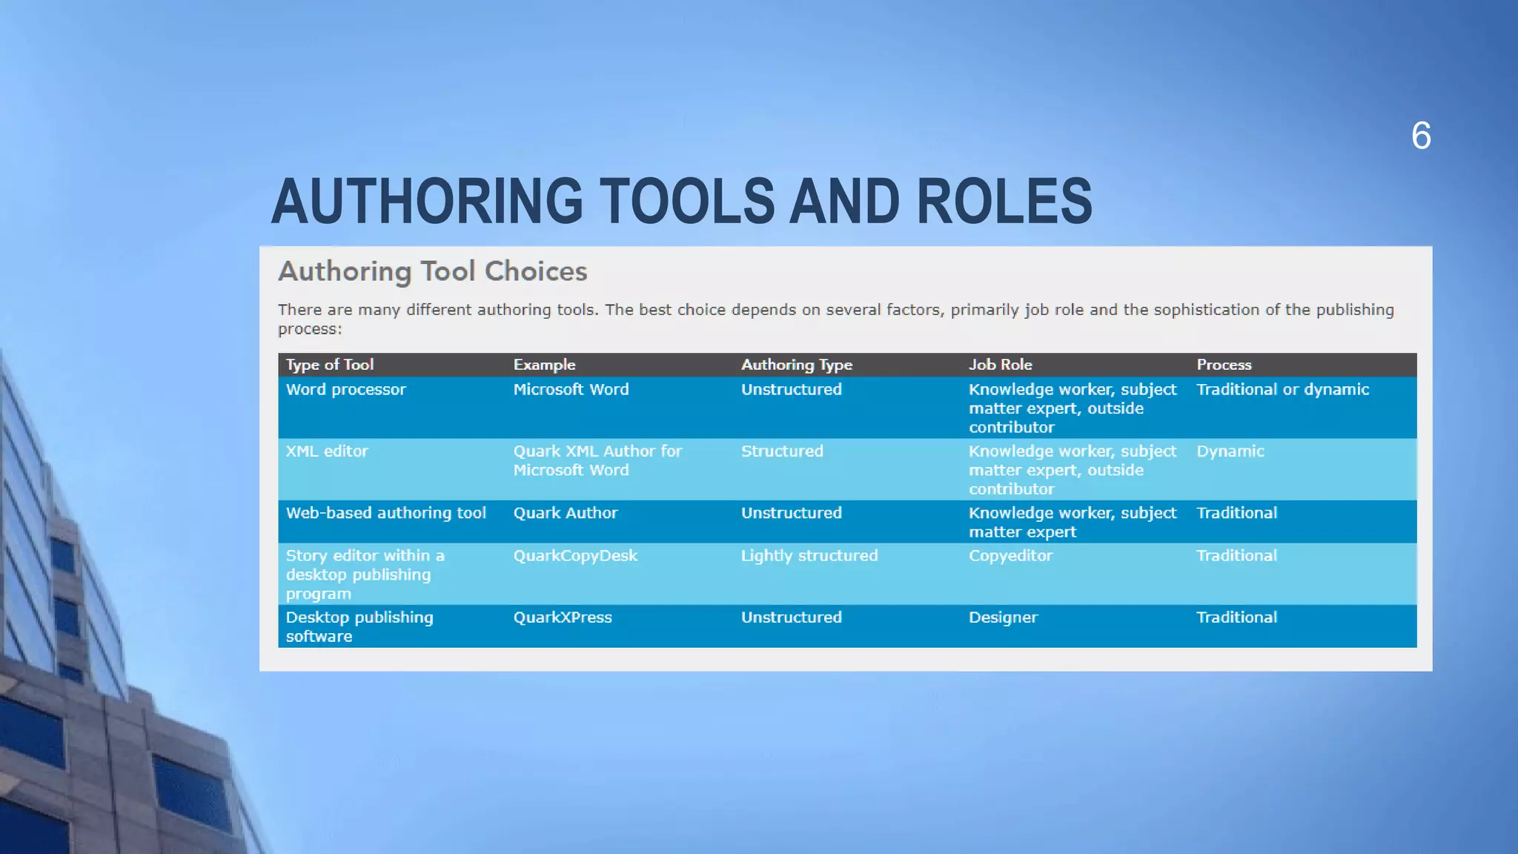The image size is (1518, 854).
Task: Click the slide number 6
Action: point(1421,136)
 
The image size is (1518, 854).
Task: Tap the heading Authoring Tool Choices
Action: point(432,271)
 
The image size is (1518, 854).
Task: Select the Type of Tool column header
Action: point(330,365)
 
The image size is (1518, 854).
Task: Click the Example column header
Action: point(544,365)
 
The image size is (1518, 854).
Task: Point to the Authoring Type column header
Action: point(796,365)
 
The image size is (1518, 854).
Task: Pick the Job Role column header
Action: point(1000,365)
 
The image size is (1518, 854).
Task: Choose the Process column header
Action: point(1223,365)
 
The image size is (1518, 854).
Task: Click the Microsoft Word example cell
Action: point(571,389)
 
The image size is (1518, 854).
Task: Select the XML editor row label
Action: point(327,451)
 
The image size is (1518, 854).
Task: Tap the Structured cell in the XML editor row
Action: point(781,451)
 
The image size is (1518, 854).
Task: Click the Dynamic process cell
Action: point(1230,451)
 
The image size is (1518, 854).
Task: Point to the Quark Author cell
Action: point(565,513)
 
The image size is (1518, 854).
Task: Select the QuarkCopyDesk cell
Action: point(575,555)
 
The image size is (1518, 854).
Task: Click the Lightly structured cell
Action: point(809,555)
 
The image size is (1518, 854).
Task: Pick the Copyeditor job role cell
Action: point(1010,555)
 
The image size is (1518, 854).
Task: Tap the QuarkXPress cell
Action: point(563,618)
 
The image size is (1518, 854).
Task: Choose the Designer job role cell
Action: point(1003,618)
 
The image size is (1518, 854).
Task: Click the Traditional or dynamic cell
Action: point(1282,389)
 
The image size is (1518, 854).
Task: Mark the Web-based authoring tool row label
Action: point(385,513)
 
